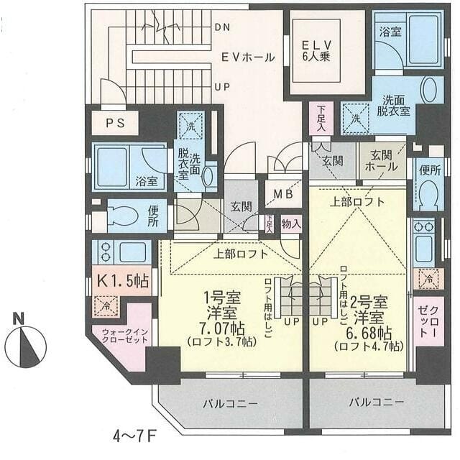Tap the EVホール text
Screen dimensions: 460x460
tap(247, 57)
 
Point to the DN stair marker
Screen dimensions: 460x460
tap(222, 27)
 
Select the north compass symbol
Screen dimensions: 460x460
tap(25, 346)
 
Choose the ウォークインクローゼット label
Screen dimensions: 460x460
tap(120, 337)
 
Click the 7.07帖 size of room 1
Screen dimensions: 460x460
tap(222, 328)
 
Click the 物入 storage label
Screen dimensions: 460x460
tap(291, 223)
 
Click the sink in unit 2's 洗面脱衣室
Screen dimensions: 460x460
tap(428, 91)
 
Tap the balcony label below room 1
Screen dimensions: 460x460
tap(230, 403)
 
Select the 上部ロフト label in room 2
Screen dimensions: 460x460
tap(357, 202)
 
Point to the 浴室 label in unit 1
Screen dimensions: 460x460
tap(147, 181)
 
